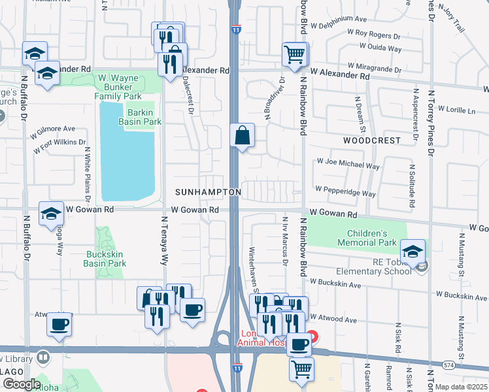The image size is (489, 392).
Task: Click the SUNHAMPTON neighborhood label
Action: point(208,192)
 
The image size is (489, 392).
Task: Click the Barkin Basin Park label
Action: point(139,117)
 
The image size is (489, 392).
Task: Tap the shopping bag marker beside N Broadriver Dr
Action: point(242,137)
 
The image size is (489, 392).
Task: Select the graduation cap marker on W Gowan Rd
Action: point(51,215)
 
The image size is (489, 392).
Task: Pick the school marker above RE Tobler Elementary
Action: point(413,252)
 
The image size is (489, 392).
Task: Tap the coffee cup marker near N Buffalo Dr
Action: point(59,325)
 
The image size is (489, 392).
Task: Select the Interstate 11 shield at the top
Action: point(235,29)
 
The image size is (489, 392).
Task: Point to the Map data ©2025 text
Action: point(460,387)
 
